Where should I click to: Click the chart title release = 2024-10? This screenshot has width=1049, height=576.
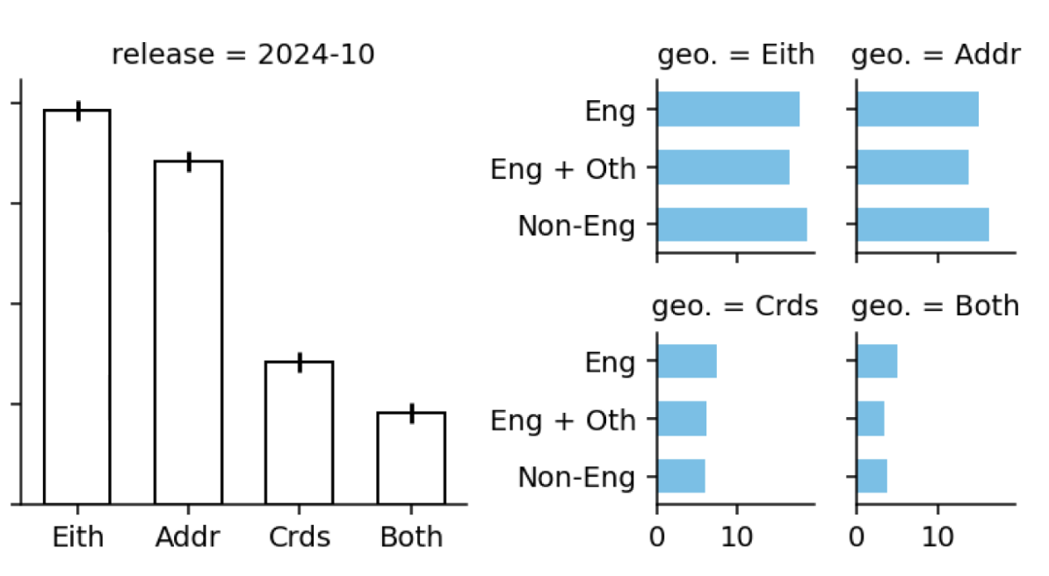click(243, 55)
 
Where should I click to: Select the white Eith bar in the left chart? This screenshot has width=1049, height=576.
click(77, 307)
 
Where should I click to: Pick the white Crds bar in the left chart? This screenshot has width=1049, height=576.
click(300, 432)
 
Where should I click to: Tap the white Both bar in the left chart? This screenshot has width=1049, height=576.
click(411, 457)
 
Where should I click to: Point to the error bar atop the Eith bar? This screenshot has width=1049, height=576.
click(78, 111)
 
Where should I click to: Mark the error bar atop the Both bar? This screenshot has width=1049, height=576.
click(411, 414)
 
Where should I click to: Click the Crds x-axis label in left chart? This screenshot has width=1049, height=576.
click(300, 536)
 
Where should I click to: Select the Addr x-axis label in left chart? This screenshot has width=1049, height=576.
click(189, 536)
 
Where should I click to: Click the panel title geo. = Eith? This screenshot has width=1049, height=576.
click(736, 55)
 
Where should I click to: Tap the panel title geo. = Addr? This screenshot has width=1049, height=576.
click(936, 55)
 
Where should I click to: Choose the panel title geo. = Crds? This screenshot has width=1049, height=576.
click(734, 306)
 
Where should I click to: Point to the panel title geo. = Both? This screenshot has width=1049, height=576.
click(936, 306)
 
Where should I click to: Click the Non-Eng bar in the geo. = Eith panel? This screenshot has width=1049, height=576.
click(732, 225)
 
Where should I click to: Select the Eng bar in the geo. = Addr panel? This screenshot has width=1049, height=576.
click(917, 109)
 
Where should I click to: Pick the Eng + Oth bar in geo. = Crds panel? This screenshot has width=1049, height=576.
click(682, 419)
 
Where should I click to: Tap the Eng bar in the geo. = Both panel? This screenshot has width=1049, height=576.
click(877, 361)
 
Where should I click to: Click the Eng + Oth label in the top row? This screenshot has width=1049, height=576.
click(562, 168)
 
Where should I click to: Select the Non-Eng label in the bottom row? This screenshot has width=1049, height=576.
click(576, 477)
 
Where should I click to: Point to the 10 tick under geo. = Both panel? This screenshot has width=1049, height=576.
click(938, 536)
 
